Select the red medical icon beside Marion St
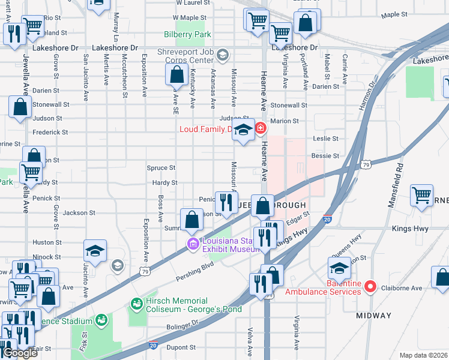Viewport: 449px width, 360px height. click(261, 127)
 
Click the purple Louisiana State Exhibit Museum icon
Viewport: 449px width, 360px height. click(193, 243)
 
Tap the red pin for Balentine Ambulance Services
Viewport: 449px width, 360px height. click(370, 287)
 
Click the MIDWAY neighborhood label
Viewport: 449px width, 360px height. click(373, 315)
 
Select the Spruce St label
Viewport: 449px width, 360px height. click(161, 168)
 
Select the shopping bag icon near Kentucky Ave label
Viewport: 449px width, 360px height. click(176, 76)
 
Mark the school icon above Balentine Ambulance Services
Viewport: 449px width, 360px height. click(339, 268)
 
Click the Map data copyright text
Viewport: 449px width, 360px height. click(424, 355)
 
